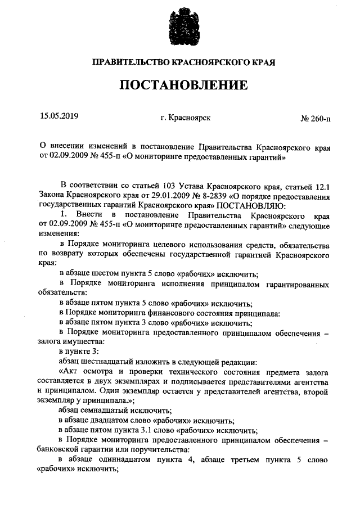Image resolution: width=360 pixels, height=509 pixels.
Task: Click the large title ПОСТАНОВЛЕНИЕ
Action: point(183,85)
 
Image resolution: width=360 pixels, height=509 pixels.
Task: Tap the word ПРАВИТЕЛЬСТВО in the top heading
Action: point(127,60)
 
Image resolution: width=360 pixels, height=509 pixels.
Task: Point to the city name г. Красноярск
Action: point(186,118)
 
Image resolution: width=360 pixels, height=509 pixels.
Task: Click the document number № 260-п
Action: point(316,118)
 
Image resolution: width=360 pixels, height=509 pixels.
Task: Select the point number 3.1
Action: point(164,430)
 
